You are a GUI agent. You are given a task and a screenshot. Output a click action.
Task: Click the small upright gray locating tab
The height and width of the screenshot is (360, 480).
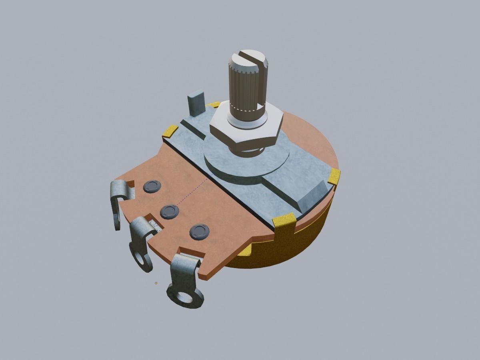pyautogui.click(x=196, y=104)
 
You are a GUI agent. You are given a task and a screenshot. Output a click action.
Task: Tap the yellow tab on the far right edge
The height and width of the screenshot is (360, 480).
pyautogui.click(x=334, y=176)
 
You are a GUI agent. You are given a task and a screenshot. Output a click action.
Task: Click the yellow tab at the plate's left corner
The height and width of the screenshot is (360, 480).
pyautogui.click(x=170, y=131)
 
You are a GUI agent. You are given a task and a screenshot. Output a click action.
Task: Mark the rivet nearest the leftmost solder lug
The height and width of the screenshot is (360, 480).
pyautogui.click(x=152, y=186)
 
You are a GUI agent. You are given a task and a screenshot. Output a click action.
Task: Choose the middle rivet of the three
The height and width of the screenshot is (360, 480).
pyautogui.click(x=169, y=211)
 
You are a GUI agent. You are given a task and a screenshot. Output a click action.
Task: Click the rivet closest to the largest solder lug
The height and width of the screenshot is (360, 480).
pyautogui.click(x=199, y=231)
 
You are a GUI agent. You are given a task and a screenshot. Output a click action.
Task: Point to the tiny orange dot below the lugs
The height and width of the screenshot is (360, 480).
pyautogui.click(x=156, y=283)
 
